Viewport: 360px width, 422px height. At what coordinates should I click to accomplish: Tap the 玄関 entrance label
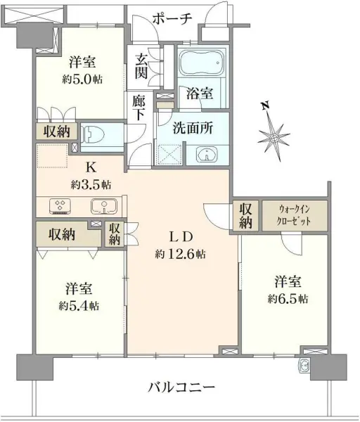(141, 67)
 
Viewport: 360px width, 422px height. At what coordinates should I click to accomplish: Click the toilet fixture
(95, 132)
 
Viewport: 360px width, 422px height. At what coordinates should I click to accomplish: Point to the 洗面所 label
(191, 129)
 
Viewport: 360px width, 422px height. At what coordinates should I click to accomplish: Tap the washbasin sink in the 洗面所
(204, 154)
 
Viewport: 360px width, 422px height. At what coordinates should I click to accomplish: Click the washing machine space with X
(169, 154)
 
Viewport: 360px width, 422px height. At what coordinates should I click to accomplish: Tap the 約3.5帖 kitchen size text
(91, 184)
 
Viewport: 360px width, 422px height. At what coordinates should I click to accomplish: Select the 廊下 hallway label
(139, 108)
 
